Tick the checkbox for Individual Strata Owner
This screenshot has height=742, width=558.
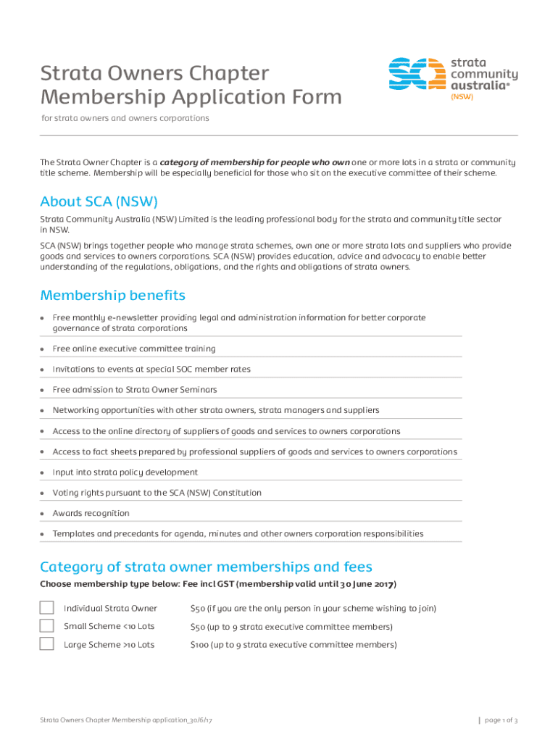pyautogui.click(x=47, y=607)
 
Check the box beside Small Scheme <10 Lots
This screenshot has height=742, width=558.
pyautogui.click(x=47, y=625)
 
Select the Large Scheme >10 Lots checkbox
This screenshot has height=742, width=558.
pyautogui.click(x=47, y=643)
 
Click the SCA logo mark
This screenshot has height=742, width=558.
pyautogui.click(x=417, y=75)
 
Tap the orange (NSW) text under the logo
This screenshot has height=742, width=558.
pyautogui.click(x=462, y=96)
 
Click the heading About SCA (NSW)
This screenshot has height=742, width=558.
pyautogui.click(x=99, y=201)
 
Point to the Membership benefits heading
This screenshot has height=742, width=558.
pyautogui.click(x=112, y=295)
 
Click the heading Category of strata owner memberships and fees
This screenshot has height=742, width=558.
pyautogui.click(x=206, y=566)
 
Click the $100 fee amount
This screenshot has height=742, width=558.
pyautogui.click(x=199, y=644)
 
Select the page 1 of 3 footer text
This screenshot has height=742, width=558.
pyautogui.click(x=501, y=720)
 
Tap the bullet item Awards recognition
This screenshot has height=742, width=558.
pyautogui.click(x=91, y=513)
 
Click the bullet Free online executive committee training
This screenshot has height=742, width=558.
pyautogui.click(x=133, y=349)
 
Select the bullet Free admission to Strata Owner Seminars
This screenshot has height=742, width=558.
pyautogui.click(x=134, y=389)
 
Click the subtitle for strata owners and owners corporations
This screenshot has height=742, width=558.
pyautogui.click(x=125, y=117)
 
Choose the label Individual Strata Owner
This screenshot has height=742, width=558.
pyautogui.click(x=110, y=608)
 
